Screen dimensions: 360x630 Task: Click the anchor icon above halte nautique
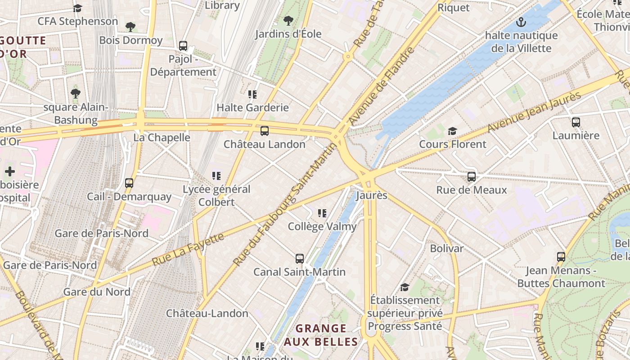521,22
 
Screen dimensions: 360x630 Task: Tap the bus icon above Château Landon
265,131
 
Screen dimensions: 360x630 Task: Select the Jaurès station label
372,196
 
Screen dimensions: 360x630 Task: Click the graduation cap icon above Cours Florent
452,131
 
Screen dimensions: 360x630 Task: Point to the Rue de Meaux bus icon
472,177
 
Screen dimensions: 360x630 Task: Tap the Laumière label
576,135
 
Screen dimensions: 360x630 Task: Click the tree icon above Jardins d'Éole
288,20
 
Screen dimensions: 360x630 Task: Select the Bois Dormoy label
131,40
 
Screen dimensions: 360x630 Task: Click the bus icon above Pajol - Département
183,45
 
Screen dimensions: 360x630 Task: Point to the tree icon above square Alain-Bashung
76,94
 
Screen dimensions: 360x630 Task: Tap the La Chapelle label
162,138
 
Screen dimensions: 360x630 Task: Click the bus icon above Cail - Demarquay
129,183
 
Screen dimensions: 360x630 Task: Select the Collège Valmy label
322,226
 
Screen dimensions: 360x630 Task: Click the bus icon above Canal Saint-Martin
300,259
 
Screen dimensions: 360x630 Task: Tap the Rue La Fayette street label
188,249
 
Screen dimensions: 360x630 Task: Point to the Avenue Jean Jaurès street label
535,112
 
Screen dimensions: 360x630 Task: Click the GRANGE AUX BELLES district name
321,335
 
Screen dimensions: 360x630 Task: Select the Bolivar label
446,248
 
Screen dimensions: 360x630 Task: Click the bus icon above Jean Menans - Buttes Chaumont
561,257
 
